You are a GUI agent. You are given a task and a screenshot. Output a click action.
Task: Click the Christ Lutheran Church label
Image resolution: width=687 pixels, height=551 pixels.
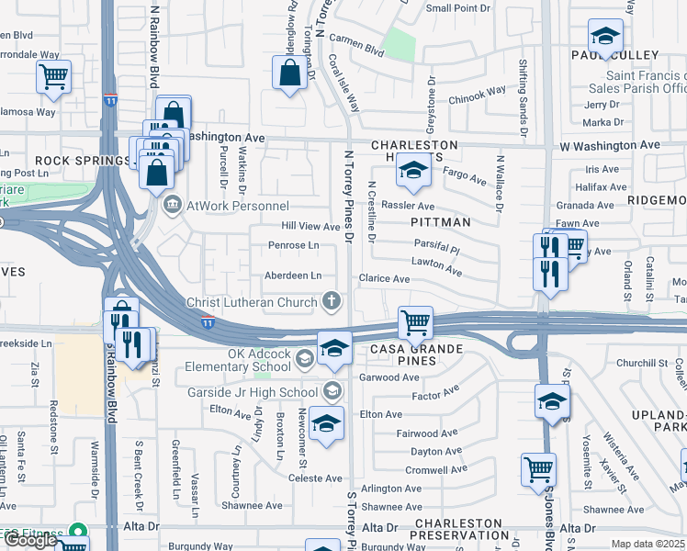pos(251,301)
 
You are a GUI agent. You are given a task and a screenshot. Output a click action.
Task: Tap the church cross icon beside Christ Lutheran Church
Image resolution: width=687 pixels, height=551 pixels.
pos(331,301)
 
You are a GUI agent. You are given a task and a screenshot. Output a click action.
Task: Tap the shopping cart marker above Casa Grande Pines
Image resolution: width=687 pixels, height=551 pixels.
pos(416,322)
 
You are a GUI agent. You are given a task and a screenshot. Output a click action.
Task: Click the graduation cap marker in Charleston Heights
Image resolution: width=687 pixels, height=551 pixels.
pos(414,170)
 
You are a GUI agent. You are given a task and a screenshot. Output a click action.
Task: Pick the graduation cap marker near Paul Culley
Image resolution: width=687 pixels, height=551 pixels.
pos(605,37)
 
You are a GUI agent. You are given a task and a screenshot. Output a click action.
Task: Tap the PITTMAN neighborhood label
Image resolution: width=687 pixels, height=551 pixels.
pos(441,222)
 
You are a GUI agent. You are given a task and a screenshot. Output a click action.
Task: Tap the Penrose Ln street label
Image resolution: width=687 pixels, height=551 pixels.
pos(294,245)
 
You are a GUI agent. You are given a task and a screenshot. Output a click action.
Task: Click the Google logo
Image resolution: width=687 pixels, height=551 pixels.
pos(30,540)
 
